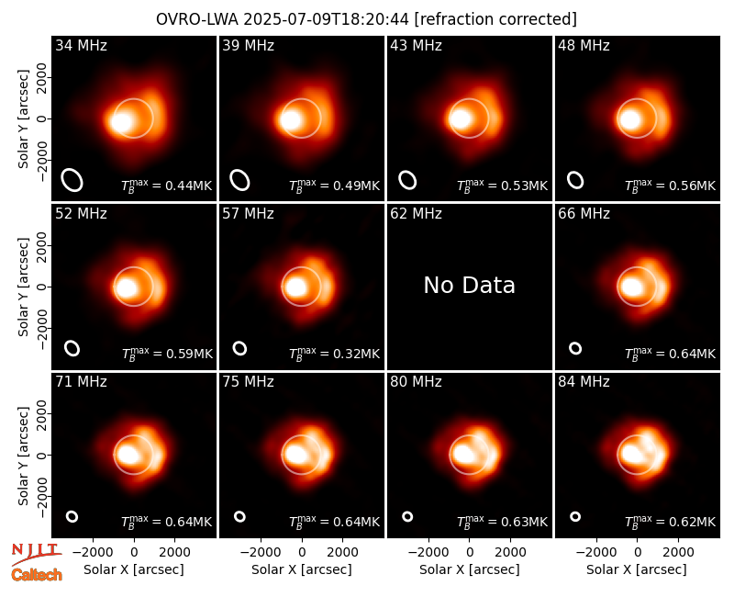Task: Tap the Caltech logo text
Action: click(37, 575)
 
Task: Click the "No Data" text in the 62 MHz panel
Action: click(469, 285)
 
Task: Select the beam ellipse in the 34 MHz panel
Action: click(72, 180)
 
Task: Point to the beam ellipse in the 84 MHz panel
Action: click(575, 516)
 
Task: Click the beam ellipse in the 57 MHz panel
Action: click(239, 348)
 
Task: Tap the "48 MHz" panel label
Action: click(584, 45)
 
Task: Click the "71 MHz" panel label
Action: click(81, 381)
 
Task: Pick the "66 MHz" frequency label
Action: click(584, 214)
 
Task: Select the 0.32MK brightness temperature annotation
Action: click(334, 354)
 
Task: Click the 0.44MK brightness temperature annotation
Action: click(167, 186)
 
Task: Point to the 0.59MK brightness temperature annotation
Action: click(167, 354)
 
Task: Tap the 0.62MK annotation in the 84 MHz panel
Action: click(671, 522)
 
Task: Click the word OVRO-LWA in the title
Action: click(197, 19)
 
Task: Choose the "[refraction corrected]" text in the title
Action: click(495, 19)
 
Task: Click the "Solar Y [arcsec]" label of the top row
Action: click(23, 119)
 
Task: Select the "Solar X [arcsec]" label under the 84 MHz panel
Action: click(637, 569)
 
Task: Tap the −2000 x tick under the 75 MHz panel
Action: click(261, 553)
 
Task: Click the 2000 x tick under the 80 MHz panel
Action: click(510, 553)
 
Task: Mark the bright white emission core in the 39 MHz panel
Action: click(291, 120)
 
